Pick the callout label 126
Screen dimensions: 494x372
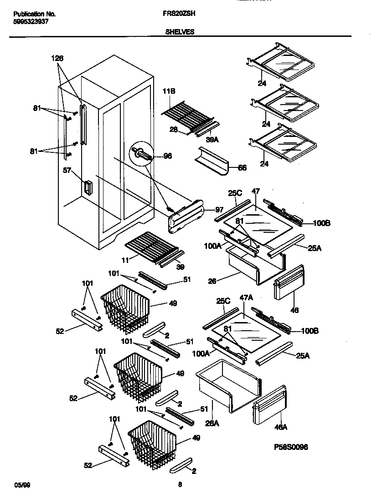coord(57,58)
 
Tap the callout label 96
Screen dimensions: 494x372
coord(168,156)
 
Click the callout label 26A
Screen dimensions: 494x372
coord(212,423)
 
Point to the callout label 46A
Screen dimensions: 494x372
coord(281,427)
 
